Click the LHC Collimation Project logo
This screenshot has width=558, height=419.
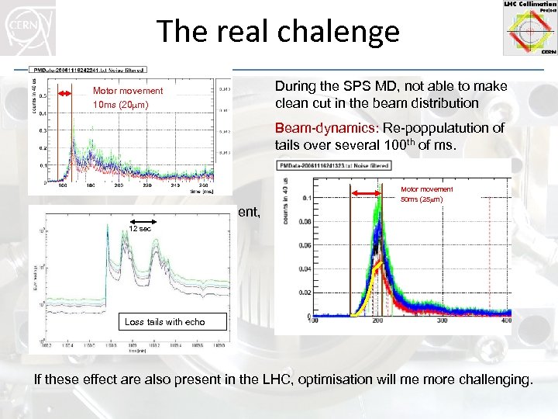coord(529,28)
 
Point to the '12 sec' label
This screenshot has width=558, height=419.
coord(140,230)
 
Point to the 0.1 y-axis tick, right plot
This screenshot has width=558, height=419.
coord(306,198)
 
